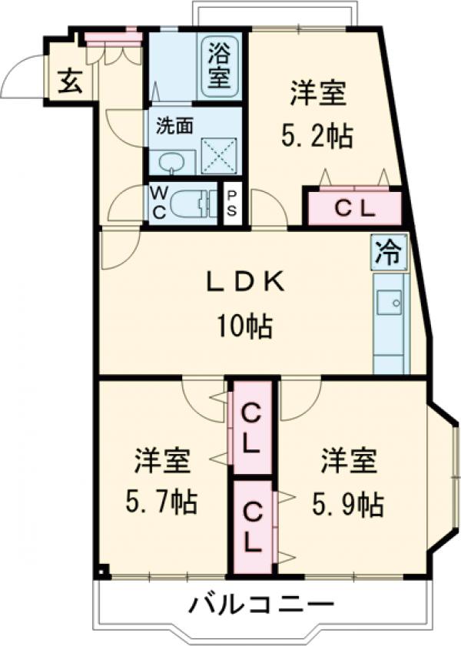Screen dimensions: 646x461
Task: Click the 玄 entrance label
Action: tap(70, 80)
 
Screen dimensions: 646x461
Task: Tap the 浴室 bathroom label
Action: tap(217, 68)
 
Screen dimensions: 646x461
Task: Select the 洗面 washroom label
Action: tap(174, 125)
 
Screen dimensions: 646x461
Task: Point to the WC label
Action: tap(158, 204)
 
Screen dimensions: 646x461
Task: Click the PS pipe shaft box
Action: tap(231, 204)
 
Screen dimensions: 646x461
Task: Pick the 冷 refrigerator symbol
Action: tap(390, 252)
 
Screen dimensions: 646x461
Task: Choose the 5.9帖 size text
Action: tap(347, 503)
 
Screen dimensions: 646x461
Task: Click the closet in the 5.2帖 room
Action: tap(354, 207)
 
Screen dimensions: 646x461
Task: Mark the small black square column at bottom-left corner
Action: tap(102, 571)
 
